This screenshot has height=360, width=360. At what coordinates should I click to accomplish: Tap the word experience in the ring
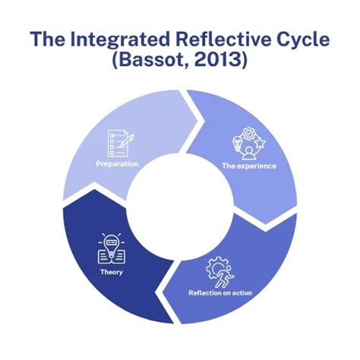point(259,165)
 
